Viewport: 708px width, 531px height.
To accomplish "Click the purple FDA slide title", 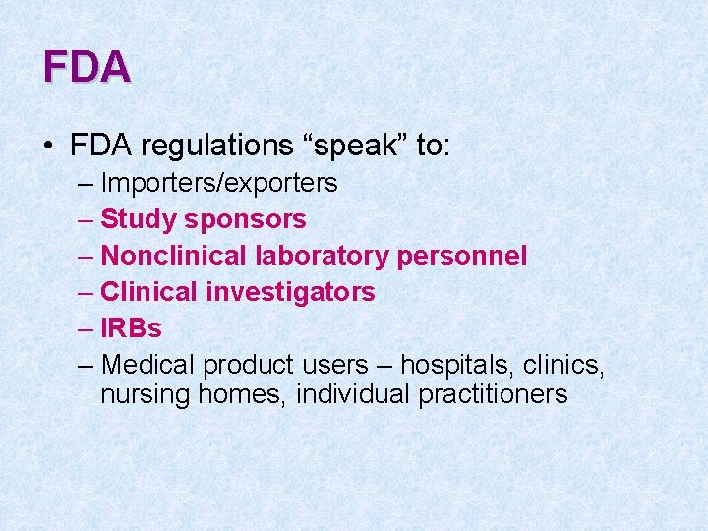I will click(87, 67).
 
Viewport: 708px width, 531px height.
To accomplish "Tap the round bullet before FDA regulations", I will click(48, 147).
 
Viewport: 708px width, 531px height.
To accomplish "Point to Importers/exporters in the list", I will click(219, 183).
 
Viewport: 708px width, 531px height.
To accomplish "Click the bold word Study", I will click(134, 219).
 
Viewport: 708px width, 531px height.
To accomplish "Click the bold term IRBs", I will click(132, 328).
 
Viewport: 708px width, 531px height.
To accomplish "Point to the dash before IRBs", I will click(85, 328).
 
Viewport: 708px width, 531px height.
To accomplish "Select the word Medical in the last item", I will click(148, 365).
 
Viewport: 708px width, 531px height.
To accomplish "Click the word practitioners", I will click(493, 395).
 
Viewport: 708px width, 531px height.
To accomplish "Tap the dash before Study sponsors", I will click(85, 219).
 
